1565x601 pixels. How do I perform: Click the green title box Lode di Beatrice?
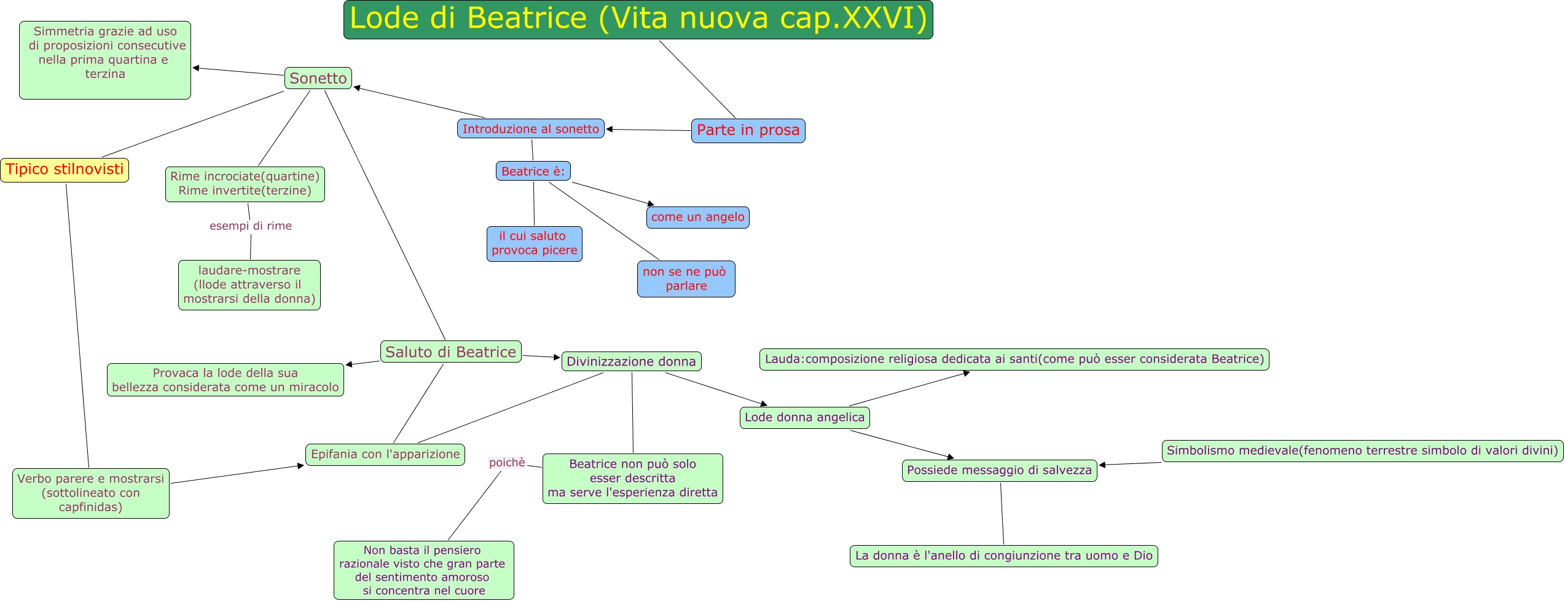click(638, 20)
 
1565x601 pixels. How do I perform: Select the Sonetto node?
click(318, 79)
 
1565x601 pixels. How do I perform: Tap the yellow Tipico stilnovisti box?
click(65, 170)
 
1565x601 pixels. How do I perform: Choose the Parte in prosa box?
click(748, 130)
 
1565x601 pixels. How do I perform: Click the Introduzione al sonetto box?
click(530, 129)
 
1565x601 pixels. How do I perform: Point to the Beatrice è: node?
click(533, 171)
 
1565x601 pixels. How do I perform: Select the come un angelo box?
click(697, 217)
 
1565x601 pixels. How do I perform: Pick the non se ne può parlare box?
click(686, 279)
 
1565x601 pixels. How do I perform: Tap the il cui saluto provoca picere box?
click(534, 243)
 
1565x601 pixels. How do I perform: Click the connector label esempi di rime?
click(251, 226)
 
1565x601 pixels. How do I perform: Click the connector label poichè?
click(507, 463)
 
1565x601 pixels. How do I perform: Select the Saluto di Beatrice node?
click(450, 352)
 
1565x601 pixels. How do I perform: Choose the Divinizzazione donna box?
click(631, 361)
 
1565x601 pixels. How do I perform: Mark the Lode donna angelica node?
click(804, 418)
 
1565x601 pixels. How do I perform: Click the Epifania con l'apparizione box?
click(385, 455)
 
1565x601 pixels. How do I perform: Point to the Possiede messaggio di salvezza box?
click(999, 471)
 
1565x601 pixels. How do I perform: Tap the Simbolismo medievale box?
click(1362, 451)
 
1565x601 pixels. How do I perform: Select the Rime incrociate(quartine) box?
click(245, 184)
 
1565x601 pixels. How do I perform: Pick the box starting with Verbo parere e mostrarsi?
click(91, 493)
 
